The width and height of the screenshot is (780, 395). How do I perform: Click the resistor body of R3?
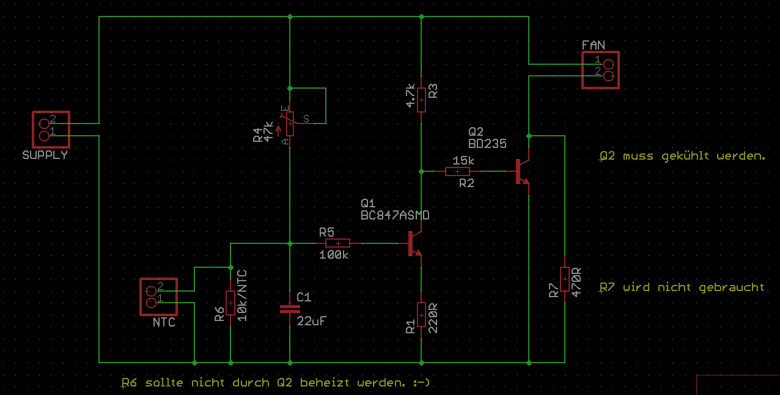[421, 100]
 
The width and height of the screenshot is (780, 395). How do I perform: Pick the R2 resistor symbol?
[458, 171]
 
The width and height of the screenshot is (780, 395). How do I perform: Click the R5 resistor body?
[337, 243]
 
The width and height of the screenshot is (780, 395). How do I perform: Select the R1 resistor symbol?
[421, 314]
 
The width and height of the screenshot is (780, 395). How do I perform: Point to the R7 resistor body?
[565, 279]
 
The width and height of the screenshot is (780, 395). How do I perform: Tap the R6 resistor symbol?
[230, 303]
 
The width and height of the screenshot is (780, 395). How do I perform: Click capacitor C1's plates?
[290, 309]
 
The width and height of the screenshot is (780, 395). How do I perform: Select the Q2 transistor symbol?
[522, 171]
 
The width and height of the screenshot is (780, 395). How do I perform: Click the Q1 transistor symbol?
[415, 243]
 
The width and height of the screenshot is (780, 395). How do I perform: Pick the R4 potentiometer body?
[290, 124]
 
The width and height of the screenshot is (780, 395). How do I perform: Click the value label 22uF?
[311, 321]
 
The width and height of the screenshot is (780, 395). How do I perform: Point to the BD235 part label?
[487, 144]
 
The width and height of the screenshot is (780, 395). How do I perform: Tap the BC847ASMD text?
[395, 216]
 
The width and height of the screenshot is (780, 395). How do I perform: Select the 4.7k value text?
[411, 96]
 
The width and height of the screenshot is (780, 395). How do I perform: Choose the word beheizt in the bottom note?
[324, 382]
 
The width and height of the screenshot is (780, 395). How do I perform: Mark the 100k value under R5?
[334, 255]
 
